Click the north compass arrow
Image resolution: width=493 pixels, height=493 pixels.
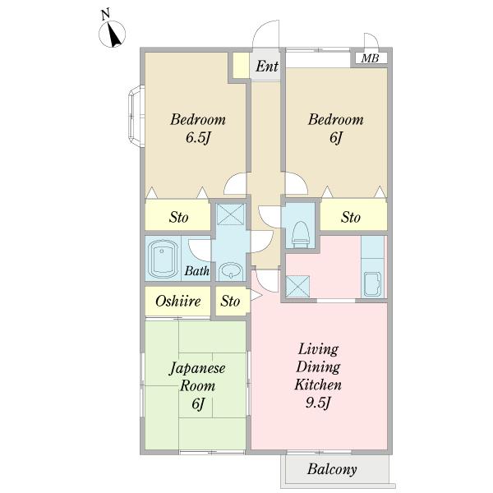114,35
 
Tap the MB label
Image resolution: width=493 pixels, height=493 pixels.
370,58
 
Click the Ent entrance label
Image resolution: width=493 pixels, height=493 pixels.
266,67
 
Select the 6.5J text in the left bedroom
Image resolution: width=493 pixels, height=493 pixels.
198,137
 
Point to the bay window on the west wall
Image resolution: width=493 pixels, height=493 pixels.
136,116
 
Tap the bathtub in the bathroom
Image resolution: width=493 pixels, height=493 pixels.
163,259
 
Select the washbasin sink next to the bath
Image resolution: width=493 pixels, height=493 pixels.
231,270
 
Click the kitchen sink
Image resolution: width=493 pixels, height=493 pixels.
372,284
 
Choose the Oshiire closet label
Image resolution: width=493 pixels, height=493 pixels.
178,302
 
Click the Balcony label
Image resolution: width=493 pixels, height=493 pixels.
332,469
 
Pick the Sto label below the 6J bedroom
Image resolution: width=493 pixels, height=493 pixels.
351,217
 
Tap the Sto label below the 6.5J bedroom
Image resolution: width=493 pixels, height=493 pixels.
178,217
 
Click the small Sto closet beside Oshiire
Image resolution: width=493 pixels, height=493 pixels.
230,302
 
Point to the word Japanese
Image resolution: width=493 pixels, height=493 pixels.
197,368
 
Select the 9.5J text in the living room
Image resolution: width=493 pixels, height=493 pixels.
317,403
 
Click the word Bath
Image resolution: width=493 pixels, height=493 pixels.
197,270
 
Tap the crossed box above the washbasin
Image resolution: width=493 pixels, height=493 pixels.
231,214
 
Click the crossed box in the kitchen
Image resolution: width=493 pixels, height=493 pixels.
298,286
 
